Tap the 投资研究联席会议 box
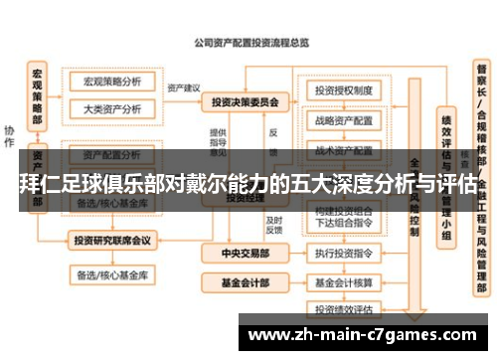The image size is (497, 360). (x=111, y=240)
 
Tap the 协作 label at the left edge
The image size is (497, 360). (x=9, y=133)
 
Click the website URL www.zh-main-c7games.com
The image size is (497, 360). (x=366, y=332)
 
